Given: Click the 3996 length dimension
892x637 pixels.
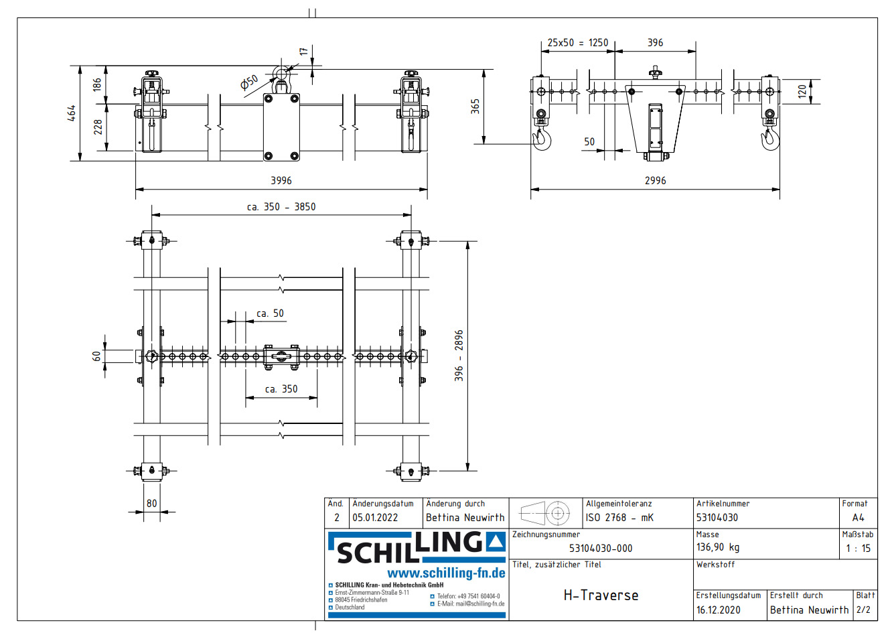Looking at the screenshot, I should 281,180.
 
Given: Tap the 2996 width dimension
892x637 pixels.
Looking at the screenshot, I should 655,180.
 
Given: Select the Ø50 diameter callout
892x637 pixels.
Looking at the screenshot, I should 249,82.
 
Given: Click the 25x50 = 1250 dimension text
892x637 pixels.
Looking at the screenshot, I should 577,43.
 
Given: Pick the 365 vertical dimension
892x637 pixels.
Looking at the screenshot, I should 475,106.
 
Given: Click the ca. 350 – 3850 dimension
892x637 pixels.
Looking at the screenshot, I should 281,207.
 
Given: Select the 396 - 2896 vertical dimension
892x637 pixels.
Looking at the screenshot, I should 459,356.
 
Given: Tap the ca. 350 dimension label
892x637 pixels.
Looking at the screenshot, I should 281,389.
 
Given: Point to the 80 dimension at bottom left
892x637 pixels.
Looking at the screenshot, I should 152,503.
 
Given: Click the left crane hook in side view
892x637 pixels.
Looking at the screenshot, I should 542,139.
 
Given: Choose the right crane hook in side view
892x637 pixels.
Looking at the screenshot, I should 771,139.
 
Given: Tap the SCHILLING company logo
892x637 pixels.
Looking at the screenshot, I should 416,548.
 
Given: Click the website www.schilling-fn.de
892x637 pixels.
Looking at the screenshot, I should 446,573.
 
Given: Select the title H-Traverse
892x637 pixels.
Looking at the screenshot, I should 601,595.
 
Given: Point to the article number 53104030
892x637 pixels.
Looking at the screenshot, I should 717,518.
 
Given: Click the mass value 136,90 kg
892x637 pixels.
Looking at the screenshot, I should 718,547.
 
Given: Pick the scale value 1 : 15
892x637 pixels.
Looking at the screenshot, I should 858,549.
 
